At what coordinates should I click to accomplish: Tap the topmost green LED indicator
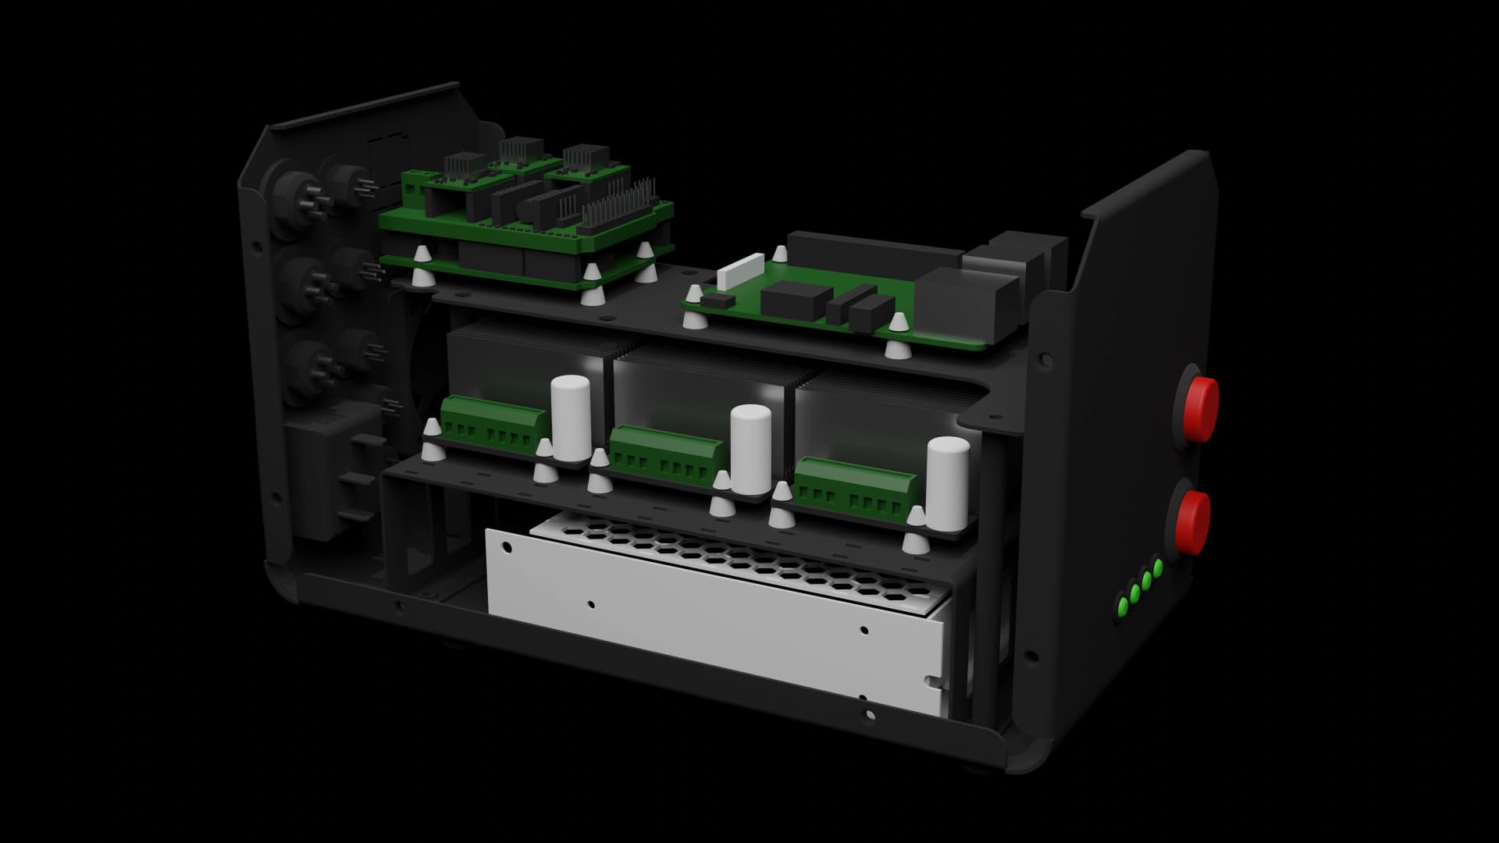[x=1158, y=566]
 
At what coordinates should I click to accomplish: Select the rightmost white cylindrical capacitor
[x=948, y=482]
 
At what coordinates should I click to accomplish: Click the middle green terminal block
[x=665, y=454]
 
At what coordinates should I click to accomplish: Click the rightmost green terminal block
[x=855, y=486]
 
